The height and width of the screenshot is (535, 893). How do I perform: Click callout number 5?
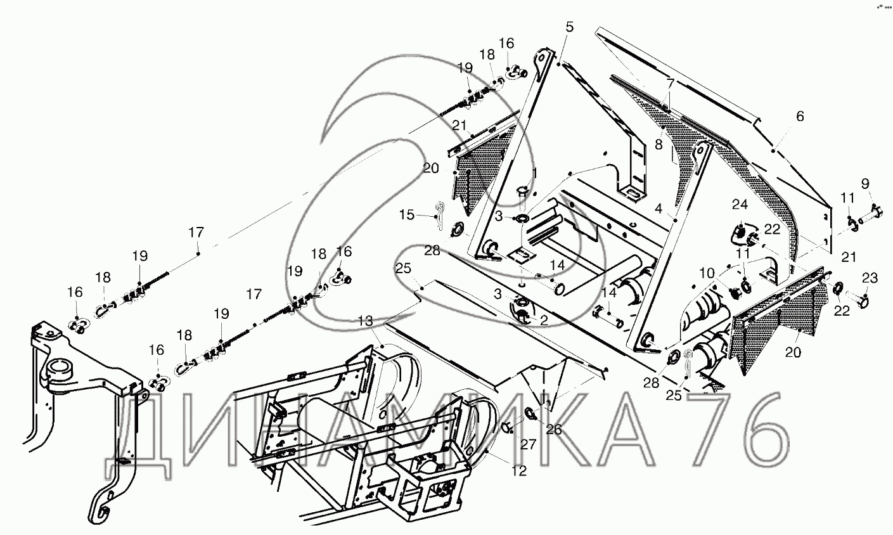[x=569, y=27]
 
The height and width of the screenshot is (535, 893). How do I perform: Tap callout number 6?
[x=800, y=116]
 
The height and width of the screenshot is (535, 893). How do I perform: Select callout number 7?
[x=671, y=84]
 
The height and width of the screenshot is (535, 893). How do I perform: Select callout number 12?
[x=519, y=471]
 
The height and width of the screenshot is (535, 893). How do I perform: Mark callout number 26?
[x=553, y=429]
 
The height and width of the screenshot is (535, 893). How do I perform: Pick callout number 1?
[x=534, y=172]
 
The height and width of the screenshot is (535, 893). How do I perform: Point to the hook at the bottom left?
[x=101, y=507]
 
